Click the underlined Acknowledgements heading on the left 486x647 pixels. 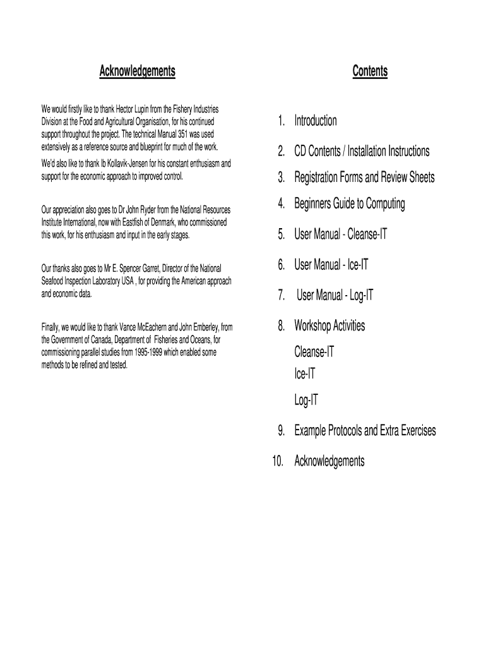point(137,71)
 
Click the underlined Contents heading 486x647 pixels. point(370,71)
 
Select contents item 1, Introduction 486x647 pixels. point(315,121)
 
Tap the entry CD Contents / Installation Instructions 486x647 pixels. point(362,151)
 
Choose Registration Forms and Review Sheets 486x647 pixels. point(364,178)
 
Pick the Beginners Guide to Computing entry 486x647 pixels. point(349,204)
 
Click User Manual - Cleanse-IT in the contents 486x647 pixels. point(340,234)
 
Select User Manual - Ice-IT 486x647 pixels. point(331,265)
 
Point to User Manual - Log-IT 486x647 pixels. point(335,295)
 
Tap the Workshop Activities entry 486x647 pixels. point(329,326)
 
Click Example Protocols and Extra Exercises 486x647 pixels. point(365,431)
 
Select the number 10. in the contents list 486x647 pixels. point(278,461)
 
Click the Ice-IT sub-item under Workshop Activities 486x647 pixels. point(305,374)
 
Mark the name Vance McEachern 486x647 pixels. point(146,327)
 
